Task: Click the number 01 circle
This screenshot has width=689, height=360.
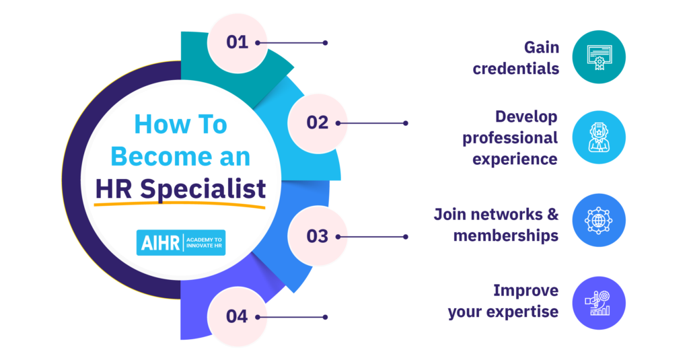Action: [237, 42]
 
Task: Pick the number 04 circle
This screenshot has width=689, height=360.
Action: [237, 316]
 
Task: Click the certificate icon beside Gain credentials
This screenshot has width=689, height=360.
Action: [598, 57]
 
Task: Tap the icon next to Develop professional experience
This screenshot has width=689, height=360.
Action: [598, 138]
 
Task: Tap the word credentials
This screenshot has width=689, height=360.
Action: [515, 68]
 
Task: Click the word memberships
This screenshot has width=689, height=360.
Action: [505, 236]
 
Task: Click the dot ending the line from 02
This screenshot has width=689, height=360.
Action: [405, 123]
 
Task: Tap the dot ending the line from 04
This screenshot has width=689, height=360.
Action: [325, 317]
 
